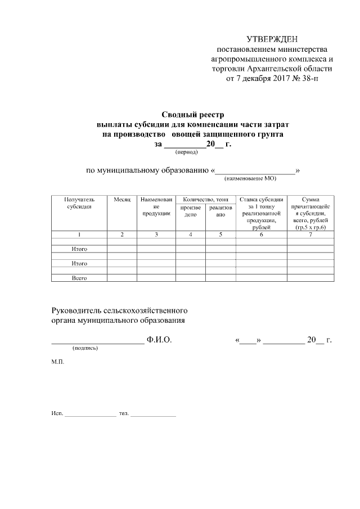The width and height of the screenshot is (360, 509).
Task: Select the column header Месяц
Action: pos(121,199)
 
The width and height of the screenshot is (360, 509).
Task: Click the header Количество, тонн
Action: pos(205,199)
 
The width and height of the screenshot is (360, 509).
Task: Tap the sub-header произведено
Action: pos(190,211)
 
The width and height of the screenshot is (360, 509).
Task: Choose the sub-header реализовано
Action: pos(220,211)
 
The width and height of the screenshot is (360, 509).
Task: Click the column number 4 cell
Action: pos(190,235)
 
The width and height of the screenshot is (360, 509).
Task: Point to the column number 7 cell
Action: pos(310,235)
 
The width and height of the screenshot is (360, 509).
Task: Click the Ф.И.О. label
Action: pos(159,340)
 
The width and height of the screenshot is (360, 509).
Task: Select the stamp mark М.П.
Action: pos(57,362)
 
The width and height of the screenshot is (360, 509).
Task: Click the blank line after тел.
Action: pos(154,415)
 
